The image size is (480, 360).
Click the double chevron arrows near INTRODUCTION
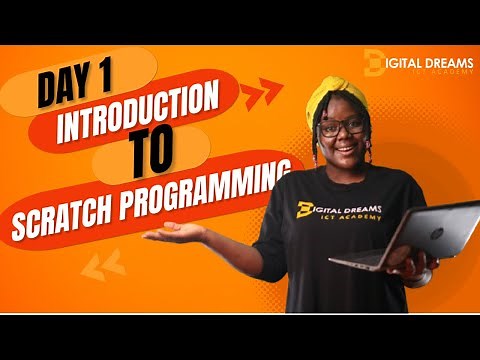(x=262, y=95)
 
